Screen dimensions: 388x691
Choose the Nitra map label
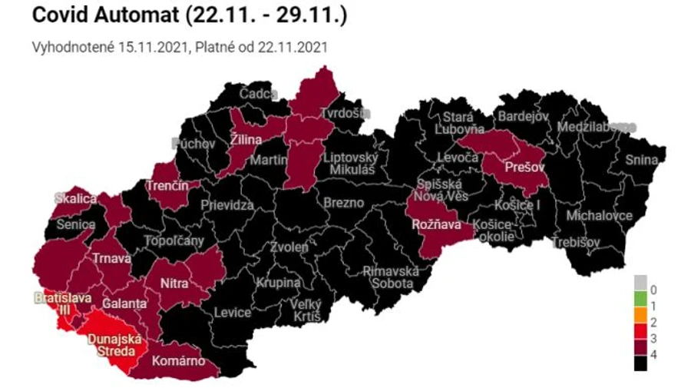174,284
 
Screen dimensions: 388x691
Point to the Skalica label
75,199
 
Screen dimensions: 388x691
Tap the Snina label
641,160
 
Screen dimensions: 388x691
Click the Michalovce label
599,216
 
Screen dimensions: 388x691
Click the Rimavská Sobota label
390,278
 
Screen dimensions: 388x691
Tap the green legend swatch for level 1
640,306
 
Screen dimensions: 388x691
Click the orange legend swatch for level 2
640,322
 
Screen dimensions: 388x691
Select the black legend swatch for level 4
640,356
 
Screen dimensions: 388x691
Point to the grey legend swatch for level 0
640,289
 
